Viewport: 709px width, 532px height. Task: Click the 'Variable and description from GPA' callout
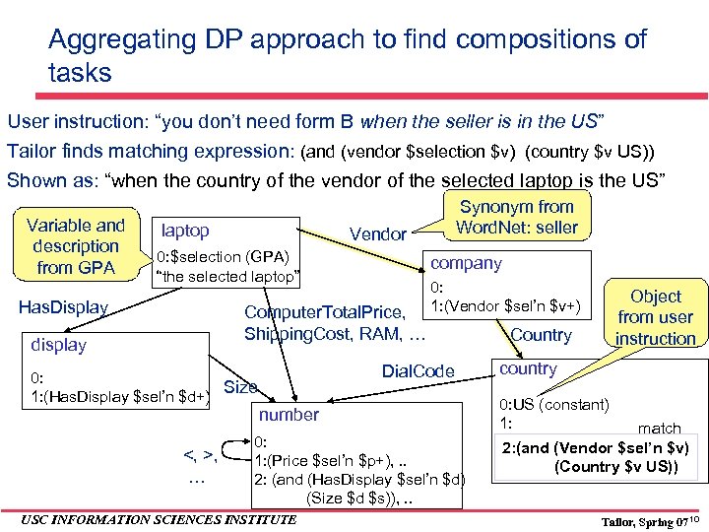pyautogui.click(x=76, y=246)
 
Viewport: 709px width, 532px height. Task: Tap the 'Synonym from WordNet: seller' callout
pyautogui.click(x=517, y=217)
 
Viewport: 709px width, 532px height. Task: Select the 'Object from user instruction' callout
pyautogui.click(x=656, y=317)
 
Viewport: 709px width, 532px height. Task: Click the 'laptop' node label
pyautogui.click(x=185, y=231)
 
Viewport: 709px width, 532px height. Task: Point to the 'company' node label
pyautogui.click(x=466, y=264)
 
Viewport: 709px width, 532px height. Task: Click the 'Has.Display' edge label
pyautogui.click(x=64, y=307)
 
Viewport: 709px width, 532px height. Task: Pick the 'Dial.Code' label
pyautogui.click(x=418, y=371)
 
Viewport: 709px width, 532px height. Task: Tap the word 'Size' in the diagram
pyautogui.click(x=241, y=387)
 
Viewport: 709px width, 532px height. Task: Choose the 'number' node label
pyautogui.click(x=289, y=415)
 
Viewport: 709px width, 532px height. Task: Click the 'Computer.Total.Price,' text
pyautogui.click(x=326, y=313)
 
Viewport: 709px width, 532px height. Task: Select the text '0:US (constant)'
pyautogui.click(x=554, y=405)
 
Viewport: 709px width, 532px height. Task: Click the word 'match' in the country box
pyautogui.click(x=659, y=428)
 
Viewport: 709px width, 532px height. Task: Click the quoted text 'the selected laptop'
pyautogui.click(x=227, y=277)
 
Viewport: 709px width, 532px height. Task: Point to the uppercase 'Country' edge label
pyautogui.click(x=541, y=335)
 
